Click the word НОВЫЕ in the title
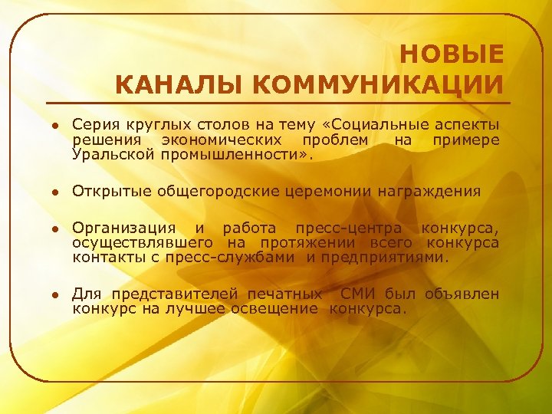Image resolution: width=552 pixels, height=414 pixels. (x=452, y=55)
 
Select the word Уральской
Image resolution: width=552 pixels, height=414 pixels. (x=114, y=155)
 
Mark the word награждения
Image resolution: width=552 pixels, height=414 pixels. (x=429, y=191)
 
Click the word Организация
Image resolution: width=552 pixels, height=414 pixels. (x=123, y=228)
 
